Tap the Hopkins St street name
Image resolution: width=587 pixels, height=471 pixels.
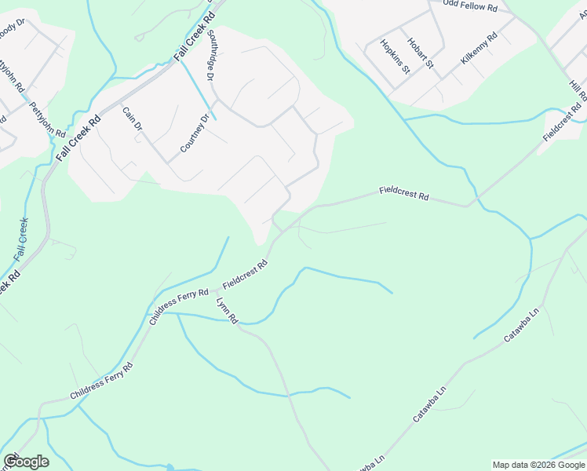(x=396, y=57)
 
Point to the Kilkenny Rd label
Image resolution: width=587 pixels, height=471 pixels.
(x=479, y=49)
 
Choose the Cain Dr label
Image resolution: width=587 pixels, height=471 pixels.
(x=133, y=120)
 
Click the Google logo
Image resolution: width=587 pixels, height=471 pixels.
(x=26, y=462)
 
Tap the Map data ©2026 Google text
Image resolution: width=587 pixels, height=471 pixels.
(x=538, y=465)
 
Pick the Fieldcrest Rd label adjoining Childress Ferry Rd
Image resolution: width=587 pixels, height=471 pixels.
(x=246, y=274)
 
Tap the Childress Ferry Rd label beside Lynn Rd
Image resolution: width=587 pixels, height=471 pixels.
(x=179, y=305)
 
